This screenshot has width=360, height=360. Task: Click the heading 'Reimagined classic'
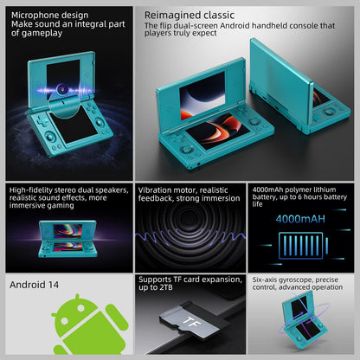(x=190, y=16)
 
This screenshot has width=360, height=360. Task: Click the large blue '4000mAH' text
(x=300, y=219)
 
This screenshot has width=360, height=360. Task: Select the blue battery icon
(x=303, y=246)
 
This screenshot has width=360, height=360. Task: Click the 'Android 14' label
(x=34, y=285)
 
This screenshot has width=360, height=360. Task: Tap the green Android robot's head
(x=77, y=312)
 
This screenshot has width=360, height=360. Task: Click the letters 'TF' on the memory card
(x=192, y=322)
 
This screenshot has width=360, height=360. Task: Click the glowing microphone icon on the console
(x=61, y=89)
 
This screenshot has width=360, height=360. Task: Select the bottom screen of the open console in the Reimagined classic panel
(x=217, y=131)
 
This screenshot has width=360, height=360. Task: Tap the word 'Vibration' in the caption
(x=155, y=190)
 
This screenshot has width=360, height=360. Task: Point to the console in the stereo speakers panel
(x=68, y=239)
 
